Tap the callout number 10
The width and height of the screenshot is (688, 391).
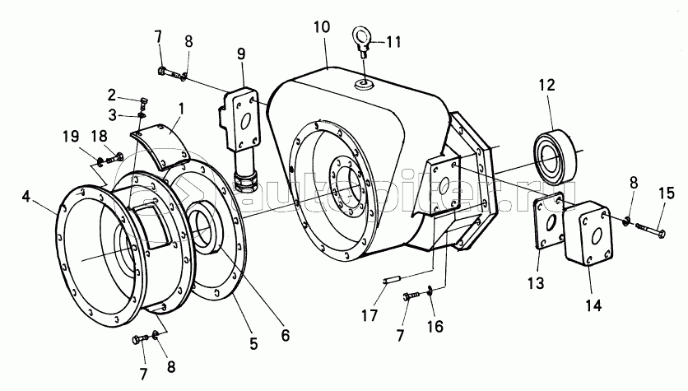pos(322,27)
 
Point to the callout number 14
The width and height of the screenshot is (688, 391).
pos(593,305)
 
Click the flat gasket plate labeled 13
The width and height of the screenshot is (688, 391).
pos(548,221)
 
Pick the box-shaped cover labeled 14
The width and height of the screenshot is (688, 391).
pos(588,234)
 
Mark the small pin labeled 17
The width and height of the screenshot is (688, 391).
pos(394,280)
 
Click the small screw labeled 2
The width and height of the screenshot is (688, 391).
pos(144,104)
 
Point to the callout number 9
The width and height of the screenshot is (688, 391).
pos(241,54)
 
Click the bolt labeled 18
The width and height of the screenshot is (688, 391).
pos(114,157)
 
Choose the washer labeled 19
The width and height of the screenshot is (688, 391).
pos(100,162)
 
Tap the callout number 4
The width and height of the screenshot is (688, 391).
pos(26,197)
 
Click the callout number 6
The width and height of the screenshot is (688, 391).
pos(286,336)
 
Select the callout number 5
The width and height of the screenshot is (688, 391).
pos(253,343)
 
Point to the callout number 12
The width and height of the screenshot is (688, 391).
pos(546,85)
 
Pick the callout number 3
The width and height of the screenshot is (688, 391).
pos(113,115)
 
